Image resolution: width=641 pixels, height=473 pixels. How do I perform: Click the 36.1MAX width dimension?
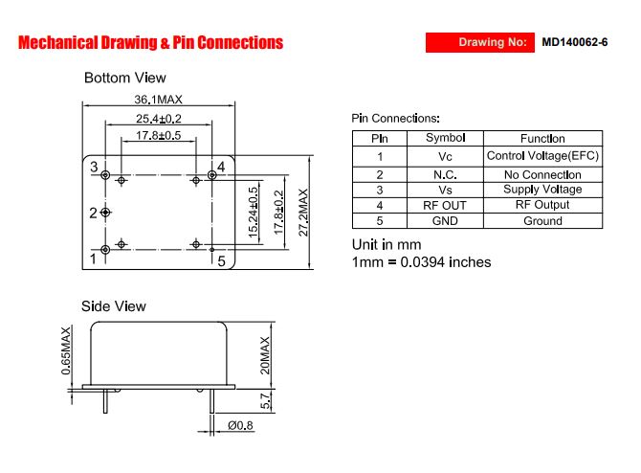[158, 100]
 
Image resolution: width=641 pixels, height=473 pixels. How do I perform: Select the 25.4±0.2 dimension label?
[159, 119]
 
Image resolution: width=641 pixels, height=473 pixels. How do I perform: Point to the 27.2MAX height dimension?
[303, 213]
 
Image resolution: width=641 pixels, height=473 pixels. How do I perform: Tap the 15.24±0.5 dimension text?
[254, 213]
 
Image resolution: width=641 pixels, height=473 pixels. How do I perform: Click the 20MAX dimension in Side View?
[265, 355]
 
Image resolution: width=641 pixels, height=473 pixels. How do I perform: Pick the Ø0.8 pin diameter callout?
[240, 425]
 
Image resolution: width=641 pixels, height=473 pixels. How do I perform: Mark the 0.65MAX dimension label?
[66, 351]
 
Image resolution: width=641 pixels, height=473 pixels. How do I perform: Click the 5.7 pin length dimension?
[265, 401]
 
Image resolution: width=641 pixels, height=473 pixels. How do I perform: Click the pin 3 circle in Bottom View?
[105, 175]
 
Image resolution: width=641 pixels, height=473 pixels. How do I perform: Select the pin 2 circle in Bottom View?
[105, 212]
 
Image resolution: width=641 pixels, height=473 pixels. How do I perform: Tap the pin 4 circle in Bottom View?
[211, 175]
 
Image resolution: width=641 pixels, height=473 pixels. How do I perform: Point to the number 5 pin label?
[222, 261]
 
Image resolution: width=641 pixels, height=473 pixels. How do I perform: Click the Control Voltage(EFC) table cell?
[542, 156]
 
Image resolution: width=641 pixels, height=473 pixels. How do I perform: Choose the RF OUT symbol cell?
[445, 206]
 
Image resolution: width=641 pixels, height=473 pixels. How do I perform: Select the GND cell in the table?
[445, 221]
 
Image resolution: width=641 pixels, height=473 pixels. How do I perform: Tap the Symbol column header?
[445, 138]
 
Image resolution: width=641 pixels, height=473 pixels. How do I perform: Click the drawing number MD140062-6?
[575, 42]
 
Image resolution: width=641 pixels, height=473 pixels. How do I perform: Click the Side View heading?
[114, 306]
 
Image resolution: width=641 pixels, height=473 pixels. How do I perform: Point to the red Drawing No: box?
[480, 42]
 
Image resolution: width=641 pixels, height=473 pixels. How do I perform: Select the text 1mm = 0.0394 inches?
[422, 262]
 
